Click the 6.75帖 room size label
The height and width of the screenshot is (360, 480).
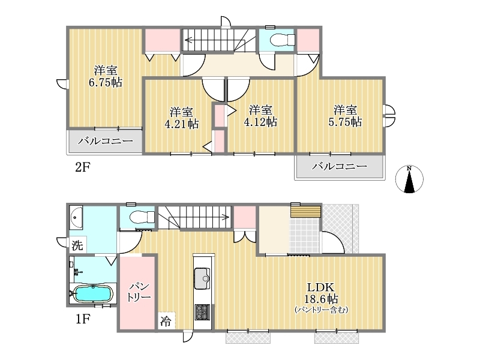click(x=106, y=82)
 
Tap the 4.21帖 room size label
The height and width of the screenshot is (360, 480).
click(x=182, y=124)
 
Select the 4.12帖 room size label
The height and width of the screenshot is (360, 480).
click(x=260, y=122)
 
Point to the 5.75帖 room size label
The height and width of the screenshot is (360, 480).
click(x=346, y=122)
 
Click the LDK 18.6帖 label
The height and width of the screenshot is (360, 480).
click(x=321, y=293)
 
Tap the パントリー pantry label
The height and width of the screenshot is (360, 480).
click(x=139, y=292)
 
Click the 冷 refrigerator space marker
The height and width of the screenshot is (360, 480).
click(x=166, y=322)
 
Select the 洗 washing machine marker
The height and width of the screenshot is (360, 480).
click(x=77, y=245)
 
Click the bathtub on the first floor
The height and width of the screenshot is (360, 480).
click(x=93, y=293)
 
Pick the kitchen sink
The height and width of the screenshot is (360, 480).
click(x=202, y=278)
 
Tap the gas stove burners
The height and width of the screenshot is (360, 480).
click(x=202, y=312)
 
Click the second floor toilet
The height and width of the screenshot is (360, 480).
click(x=283, y=40)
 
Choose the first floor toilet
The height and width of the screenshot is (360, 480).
click(x=142, y=217)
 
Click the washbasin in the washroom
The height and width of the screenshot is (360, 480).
click(x=76, y=218)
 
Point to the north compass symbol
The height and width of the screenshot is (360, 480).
click(x=409, y=179)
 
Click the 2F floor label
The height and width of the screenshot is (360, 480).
click(x=83, y=167)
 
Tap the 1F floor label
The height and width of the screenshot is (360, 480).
click(x=83, y=319)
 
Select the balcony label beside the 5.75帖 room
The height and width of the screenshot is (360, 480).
click(x=340, y=166)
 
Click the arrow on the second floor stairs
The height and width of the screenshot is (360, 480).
click(x=209, y=40)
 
